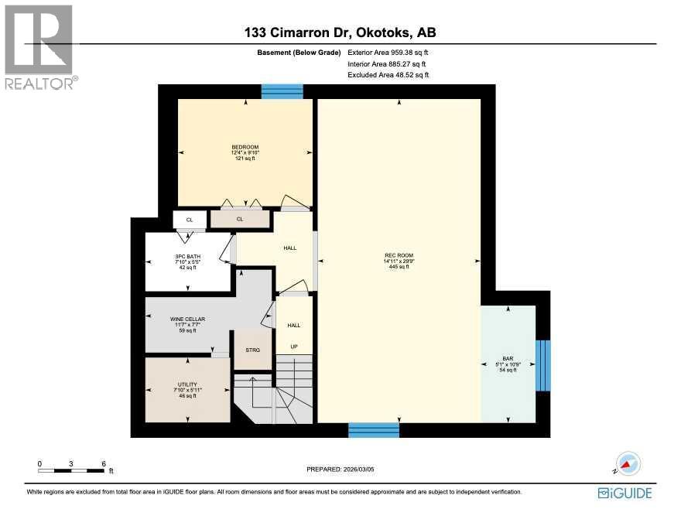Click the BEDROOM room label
click(x=245, y=147)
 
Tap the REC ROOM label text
click(x=399, y=255)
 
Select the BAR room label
click(x=508, y=359)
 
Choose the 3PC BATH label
click(x=188, y=256)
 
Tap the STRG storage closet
click(x=253, y=350)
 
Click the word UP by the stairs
click(x=294, y=346)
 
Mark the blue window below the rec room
click(x=374, y=430)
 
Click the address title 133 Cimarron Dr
click(x=340, y=32)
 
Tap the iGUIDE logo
click(x=625, y=493)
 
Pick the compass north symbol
click(x=628, y=463)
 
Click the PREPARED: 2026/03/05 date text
click(x=340, y=469)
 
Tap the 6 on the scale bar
click(x=104, y=464)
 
